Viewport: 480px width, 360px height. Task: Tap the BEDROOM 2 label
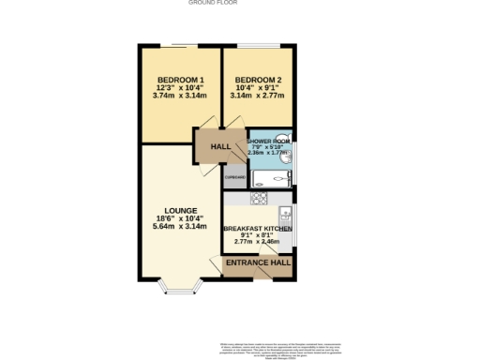pos(258,78)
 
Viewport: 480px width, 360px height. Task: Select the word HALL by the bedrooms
pos(221,148)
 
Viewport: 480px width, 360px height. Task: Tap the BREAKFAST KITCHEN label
pos(258,229)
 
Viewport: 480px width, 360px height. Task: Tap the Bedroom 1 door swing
pos(207,123)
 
